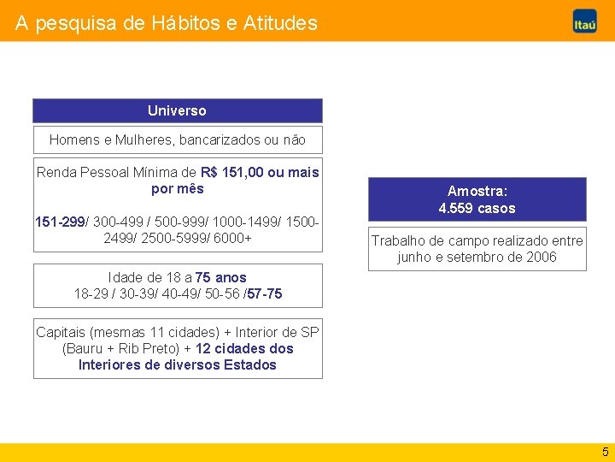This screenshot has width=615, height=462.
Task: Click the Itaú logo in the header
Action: click(584, 23)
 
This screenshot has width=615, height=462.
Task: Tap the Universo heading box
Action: click(177, 110)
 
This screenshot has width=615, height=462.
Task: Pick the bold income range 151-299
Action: click(60, 222)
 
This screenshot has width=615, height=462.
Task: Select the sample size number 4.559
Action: click(456, 208)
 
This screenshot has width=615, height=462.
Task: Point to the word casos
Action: click(496, 208)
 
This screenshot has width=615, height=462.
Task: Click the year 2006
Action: click(540, 257)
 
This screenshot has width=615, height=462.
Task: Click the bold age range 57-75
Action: click(265, 293)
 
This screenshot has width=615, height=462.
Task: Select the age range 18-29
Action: click(91, 293)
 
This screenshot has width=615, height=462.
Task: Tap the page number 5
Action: click(605, 452)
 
